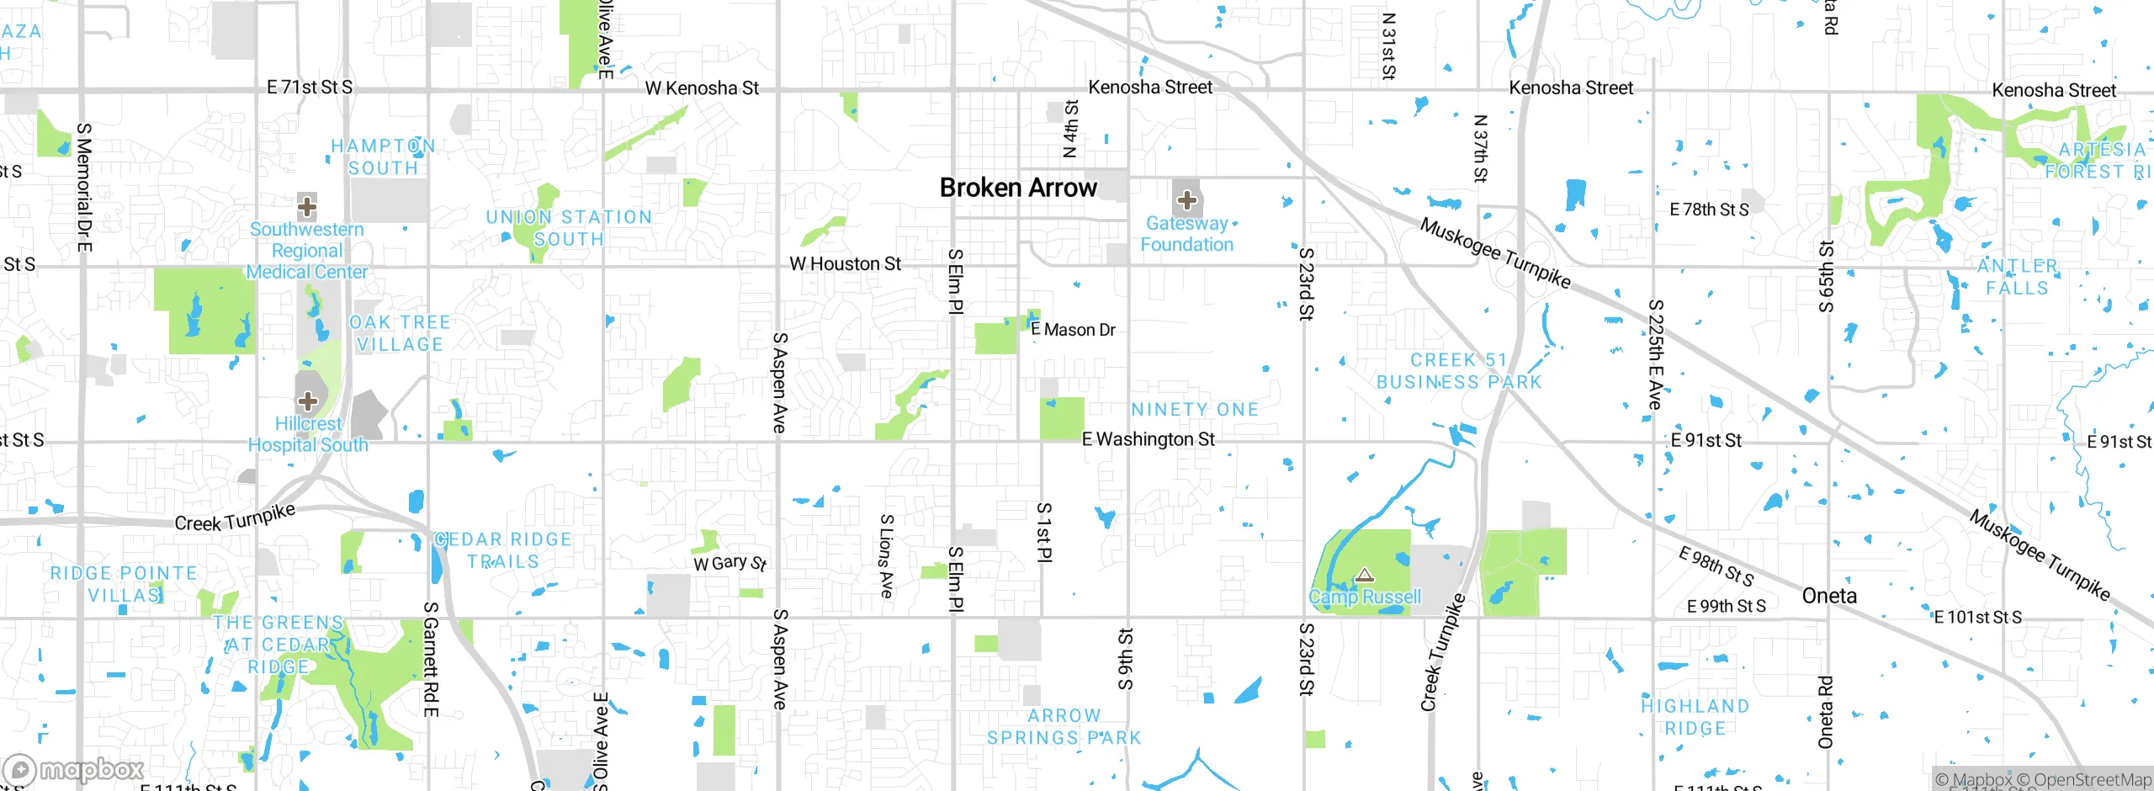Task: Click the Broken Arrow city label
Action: pos(1018,188)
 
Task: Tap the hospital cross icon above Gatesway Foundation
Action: pos(1186,200)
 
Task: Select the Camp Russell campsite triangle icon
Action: pos(1365,576)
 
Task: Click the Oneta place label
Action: pos(1829,596)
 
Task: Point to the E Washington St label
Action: pos(1148,439)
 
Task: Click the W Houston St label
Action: pos(845,264)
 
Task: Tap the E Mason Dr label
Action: pos(1073,330)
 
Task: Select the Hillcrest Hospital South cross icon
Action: pos(308,401)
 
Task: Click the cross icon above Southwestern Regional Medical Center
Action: pos(307,206)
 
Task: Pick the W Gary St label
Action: pos(729,563)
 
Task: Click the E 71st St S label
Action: pos(310,87)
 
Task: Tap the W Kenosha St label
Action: pos(702,88)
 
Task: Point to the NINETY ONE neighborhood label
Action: pos(1195,410)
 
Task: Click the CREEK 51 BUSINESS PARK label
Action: pos(1459,371)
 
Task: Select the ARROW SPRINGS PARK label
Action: pos(1064,727)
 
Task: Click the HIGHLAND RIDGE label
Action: pos(1695,718)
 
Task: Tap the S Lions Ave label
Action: pos(886,556)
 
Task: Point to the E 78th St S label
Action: pos(1709,210)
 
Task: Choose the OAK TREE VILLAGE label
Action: pos(400,333)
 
